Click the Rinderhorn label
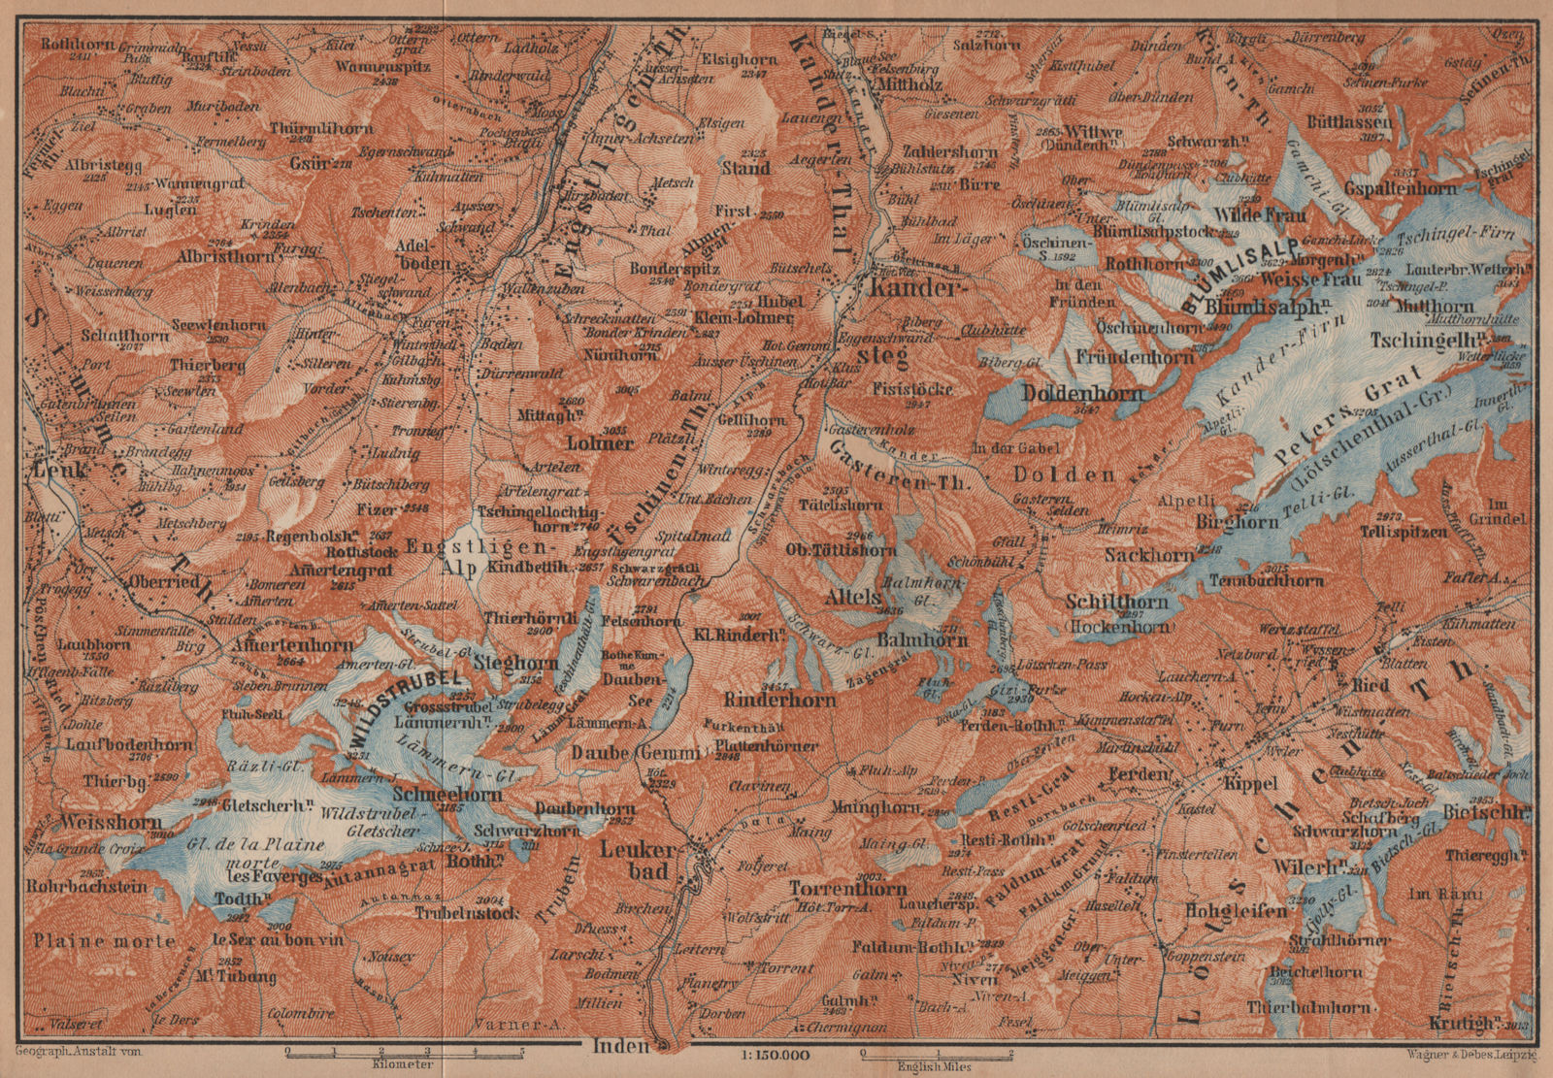(771, 696)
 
